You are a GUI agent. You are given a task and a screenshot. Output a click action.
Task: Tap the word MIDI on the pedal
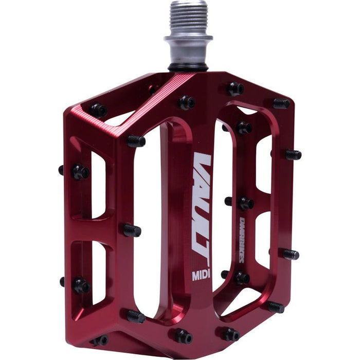pos(201,275)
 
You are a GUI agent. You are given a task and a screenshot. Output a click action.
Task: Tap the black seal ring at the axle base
pos(188,67)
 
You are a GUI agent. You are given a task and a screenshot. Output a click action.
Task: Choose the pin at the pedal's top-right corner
pos(281,103)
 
